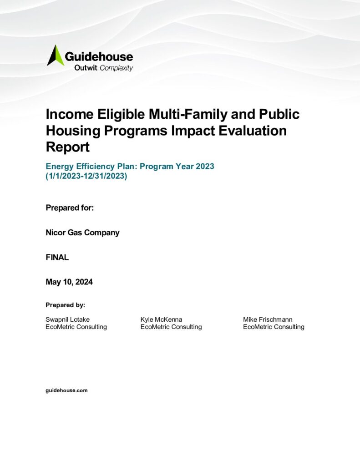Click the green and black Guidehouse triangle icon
point(55,56)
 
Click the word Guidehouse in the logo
point(99,57)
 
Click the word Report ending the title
point(68,147)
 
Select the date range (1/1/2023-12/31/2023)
point(86,176)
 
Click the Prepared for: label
point(70,208)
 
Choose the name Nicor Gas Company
point(82,233)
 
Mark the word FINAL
point(57,257)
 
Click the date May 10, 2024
point(69,282)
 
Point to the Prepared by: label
point(65,305)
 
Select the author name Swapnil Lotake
point(67,319)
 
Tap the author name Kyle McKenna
point(162,319)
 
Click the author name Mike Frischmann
point(268,319)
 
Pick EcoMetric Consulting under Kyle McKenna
point(171,327)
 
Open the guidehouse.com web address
point(66,390)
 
